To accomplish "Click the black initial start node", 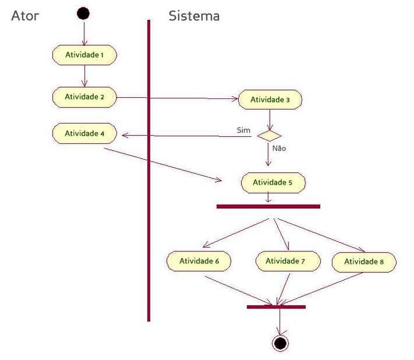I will click(x=83, y=14).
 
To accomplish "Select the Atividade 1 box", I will click(x=84, y=55).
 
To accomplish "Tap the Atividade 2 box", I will click(x=84, y=97).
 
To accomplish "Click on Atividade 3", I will click(x=270, y=100).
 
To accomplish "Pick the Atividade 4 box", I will click(x=84, y=133).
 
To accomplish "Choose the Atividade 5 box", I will click(x=273, y=182).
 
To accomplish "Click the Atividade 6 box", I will click(x=200, y=261).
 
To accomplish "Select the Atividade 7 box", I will click(x=286, y=261).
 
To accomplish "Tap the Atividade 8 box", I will click(x=364, y=262).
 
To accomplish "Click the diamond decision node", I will click(x=269, y=136).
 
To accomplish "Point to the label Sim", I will click(x=244, y=130).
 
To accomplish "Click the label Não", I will click(x=278, y=148).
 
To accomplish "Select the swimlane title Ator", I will click(x=25, y=16).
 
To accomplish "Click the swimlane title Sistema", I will click(x=194, y=16).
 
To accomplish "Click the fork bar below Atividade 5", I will click(x=268, y=206).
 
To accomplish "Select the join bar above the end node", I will click(x=276, y=307).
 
